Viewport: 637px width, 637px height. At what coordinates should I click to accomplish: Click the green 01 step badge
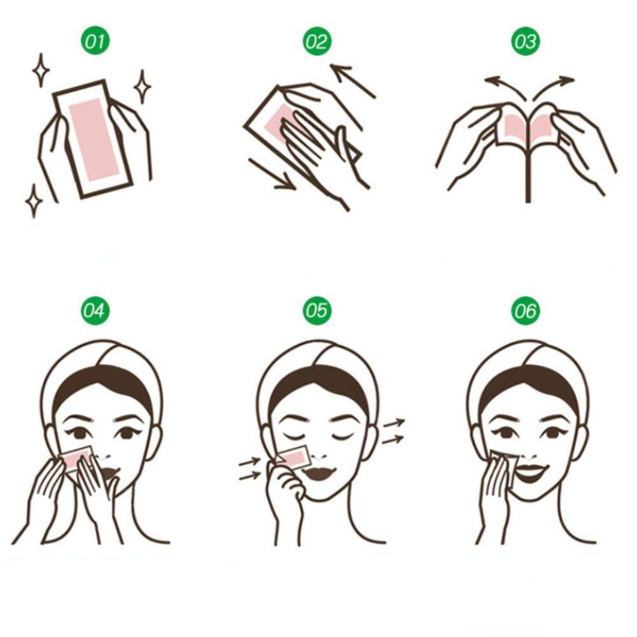(94, 43)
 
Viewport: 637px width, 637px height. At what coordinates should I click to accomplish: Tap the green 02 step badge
(316, 43)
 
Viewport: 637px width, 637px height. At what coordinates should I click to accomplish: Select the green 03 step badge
(526, 43)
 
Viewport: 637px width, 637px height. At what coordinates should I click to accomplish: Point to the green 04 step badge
(94, 311)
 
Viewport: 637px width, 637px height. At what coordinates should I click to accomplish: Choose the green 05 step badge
(316, 311)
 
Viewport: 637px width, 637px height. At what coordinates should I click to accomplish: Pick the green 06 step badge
(526, 311)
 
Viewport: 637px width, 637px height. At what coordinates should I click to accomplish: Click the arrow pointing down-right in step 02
(271, 174)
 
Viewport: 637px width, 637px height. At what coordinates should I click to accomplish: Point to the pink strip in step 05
(293, 457)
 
